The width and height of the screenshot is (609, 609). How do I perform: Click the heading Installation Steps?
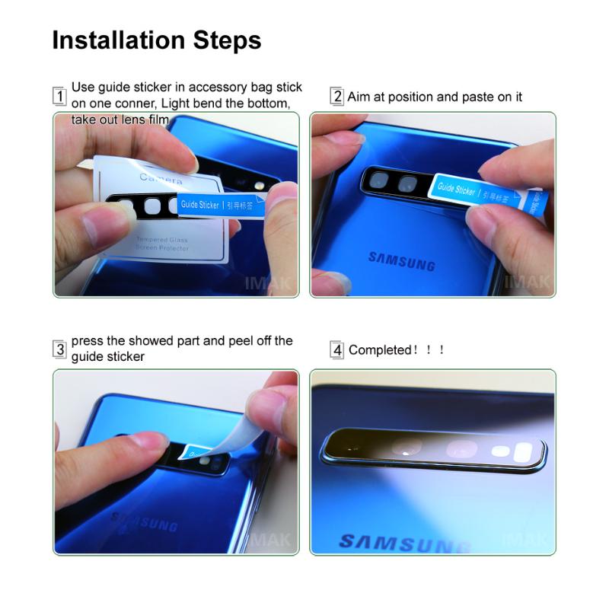click(157, 40)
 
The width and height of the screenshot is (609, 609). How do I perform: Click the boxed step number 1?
click(59, 97)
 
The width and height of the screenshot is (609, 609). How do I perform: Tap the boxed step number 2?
click(336, 97)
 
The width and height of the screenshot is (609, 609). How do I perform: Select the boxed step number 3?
click(59, 349)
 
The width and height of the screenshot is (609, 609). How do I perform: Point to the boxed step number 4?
click(336, 350)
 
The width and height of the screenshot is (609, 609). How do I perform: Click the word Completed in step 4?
click(380, 350)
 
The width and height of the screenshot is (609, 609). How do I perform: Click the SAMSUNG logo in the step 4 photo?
click(403, 543)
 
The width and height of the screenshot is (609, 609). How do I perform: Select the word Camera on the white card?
click(161, 179)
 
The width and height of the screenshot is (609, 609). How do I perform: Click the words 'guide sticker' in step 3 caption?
click(108, 356)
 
